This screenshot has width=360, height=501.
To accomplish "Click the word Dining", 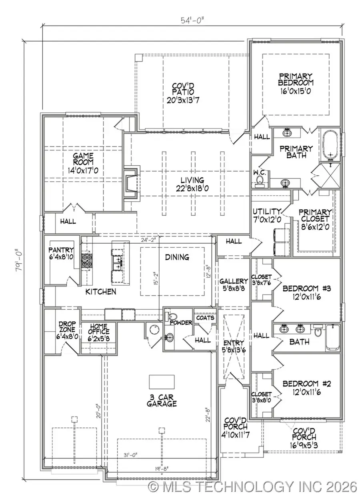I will coord(177,257).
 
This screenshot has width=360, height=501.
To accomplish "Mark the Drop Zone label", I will coord(65,329).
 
